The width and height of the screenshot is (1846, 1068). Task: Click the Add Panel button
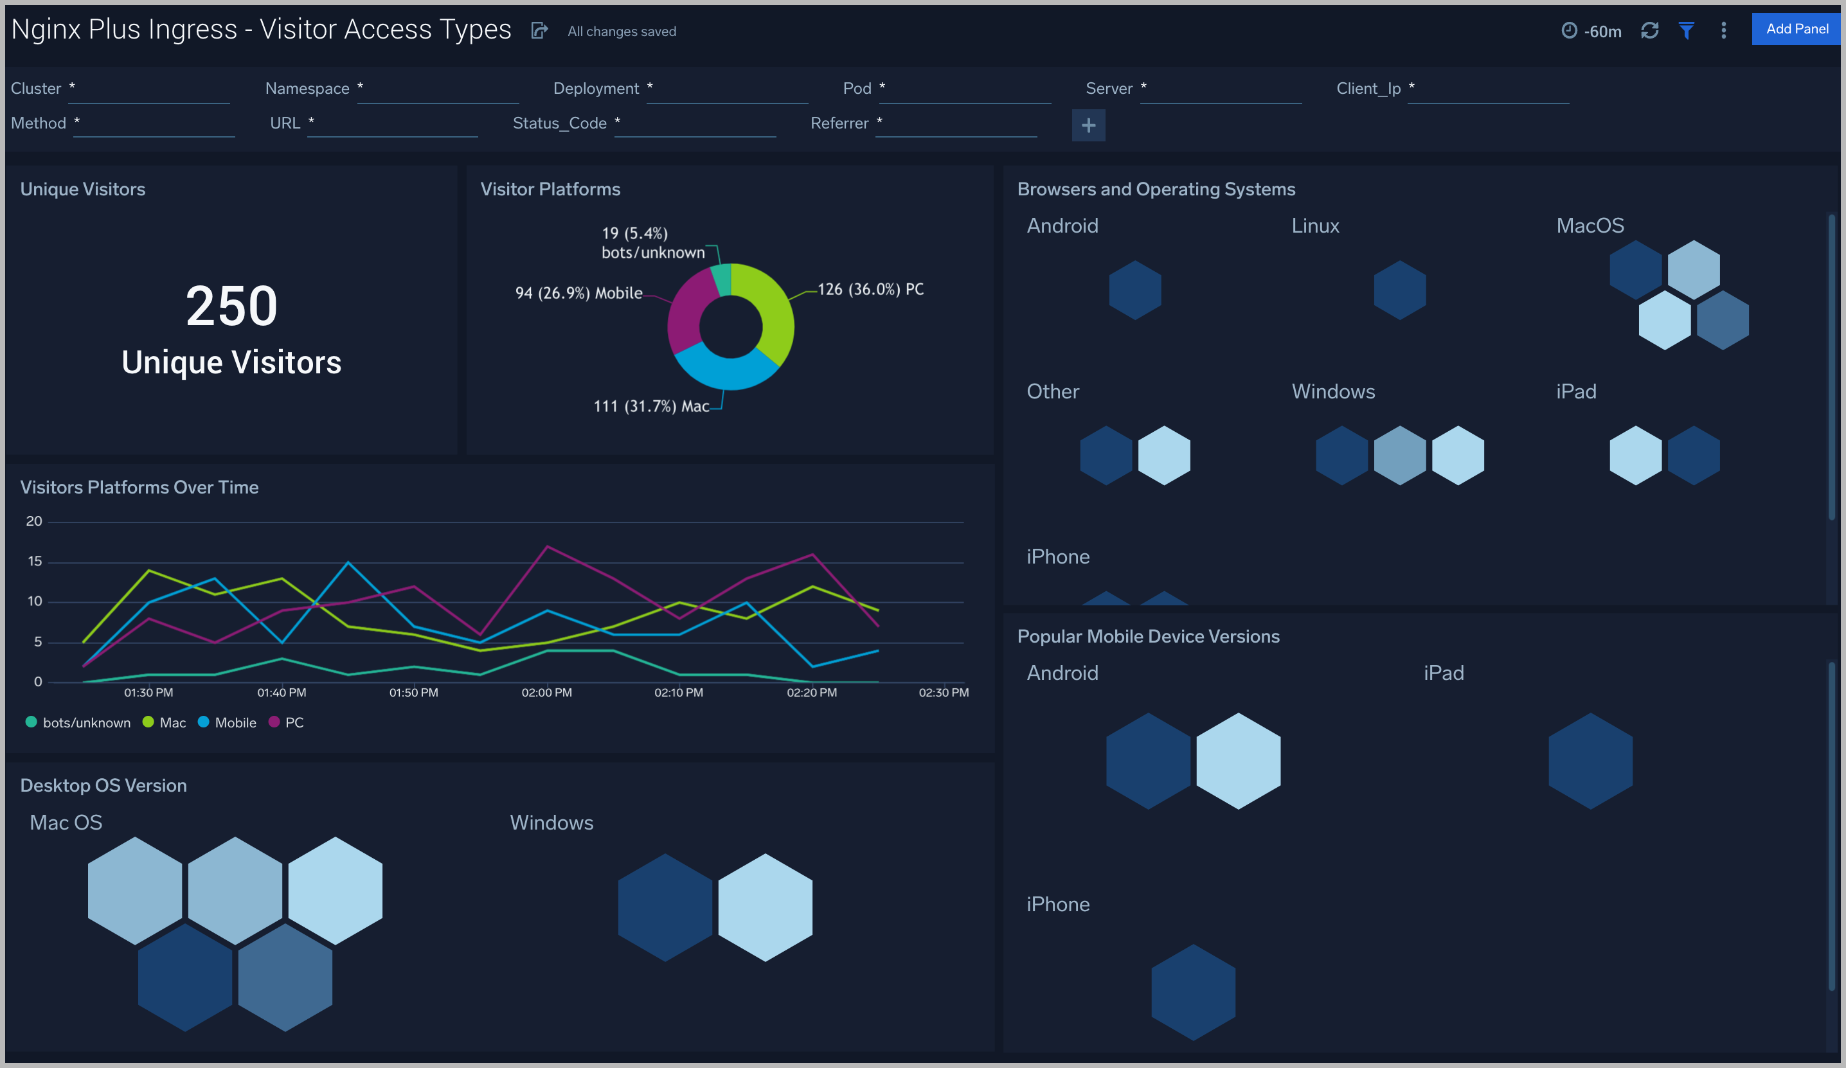[x=1797, y=30]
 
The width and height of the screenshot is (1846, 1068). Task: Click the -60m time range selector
[x=1592, y=31]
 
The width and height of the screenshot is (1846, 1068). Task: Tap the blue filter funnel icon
[x=1687, y=31]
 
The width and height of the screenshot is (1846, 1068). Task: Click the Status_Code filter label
[x=560, y=123]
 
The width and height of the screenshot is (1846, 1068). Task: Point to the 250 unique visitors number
[x=231, y=306]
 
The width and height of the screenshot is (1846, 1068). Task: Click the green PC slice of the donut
[x=773, y=308]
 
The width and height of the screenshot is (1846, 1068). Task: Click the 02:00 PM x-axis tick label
[x=546, y=692]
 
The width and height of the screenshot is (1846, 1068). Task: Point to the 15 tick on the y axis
[x=35, y=561]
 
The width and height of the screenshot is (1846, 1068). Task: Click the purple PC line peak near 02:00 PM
[x=547, y=546]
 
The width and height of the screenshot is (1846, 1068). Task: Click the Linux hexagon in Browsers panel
[x=1399, y=290]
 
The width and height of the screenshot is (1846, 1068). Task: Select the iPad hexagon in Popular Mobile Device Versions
[x=1590, y=760]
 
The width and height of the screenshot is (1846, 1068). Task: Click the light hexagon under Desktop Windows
[x=765, y=907]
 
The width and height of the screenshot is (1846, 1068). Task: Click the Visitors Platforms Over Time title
[x=139, y=487]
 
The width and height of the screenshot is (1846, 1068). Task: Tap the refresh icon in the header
[x=1649, y=31]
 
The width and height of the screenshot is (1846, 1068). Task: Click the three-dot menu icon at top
[x=1723, y=31]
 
